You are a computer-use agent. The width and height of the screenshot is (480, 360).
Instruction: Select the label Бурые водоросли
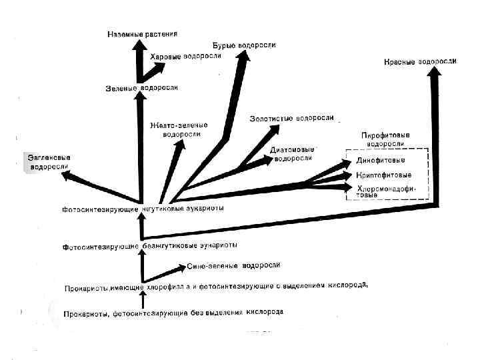pos(244,45)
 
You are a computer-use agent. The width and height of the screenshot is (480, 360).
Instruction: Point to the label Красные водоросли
pos(420,61)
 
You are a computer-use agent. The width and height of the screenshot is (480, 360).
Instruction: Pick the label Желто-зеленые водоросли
pos(179,129)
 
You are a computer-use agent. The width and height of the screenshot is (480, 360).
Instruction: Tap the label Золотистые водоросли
pos(291,118)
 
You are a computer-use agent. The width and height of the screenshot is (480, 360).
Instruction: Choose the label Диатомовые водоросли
pos(293,154)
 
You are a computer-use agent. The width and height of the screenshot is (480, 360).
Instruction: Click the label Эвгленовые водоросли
pos(49,162)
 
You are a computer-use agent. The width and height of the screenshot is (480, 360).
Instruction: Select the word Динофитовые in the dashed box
pos(379,161)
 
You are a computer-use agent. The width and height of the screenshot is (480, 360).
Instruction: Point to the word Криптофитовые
pos(382,175)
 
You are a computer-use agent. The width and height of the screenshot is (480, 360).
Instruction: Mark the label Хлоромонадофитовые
pos(385,192)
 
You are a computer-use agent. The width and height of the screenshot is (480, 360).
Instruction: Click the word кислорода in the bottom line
pos(265,312)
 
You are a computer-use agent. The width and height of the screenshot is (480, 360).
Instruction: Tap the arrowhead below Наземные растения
pos(139,45)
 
